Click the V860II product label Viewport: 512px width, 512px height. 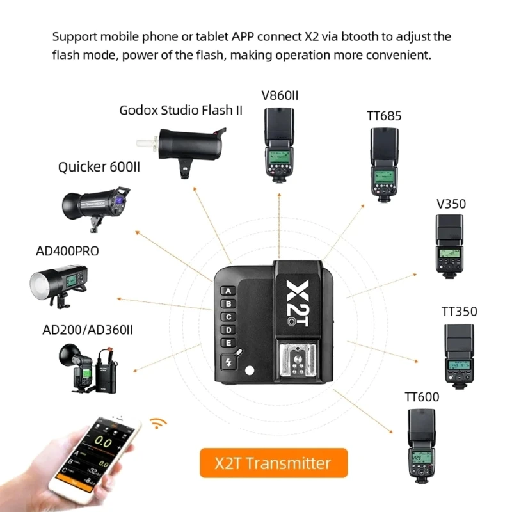click(280, 96)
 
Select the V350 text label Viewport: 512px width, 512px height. click(451, 204)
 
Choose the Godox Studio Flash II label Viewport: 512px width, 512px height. click(180, 110)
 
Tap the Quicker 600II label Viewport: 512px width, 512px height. click(99, 168)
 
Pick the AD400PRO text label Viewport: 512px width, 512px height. click(67, 250)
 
